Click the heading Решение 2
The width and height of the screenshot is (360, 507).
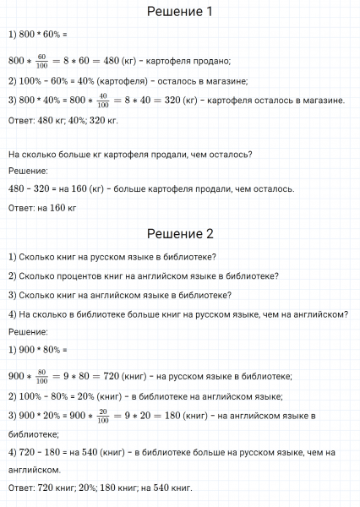click(x=180, y=234)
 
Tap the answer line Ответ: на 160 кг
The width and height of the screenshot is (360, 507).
click(x=42, y=208)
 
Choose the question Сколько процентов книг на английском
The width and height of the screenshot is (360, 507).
click(x=144, y=275)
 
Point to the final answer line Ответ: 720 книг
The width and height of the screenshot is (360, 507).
click(x=100, y=488)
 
